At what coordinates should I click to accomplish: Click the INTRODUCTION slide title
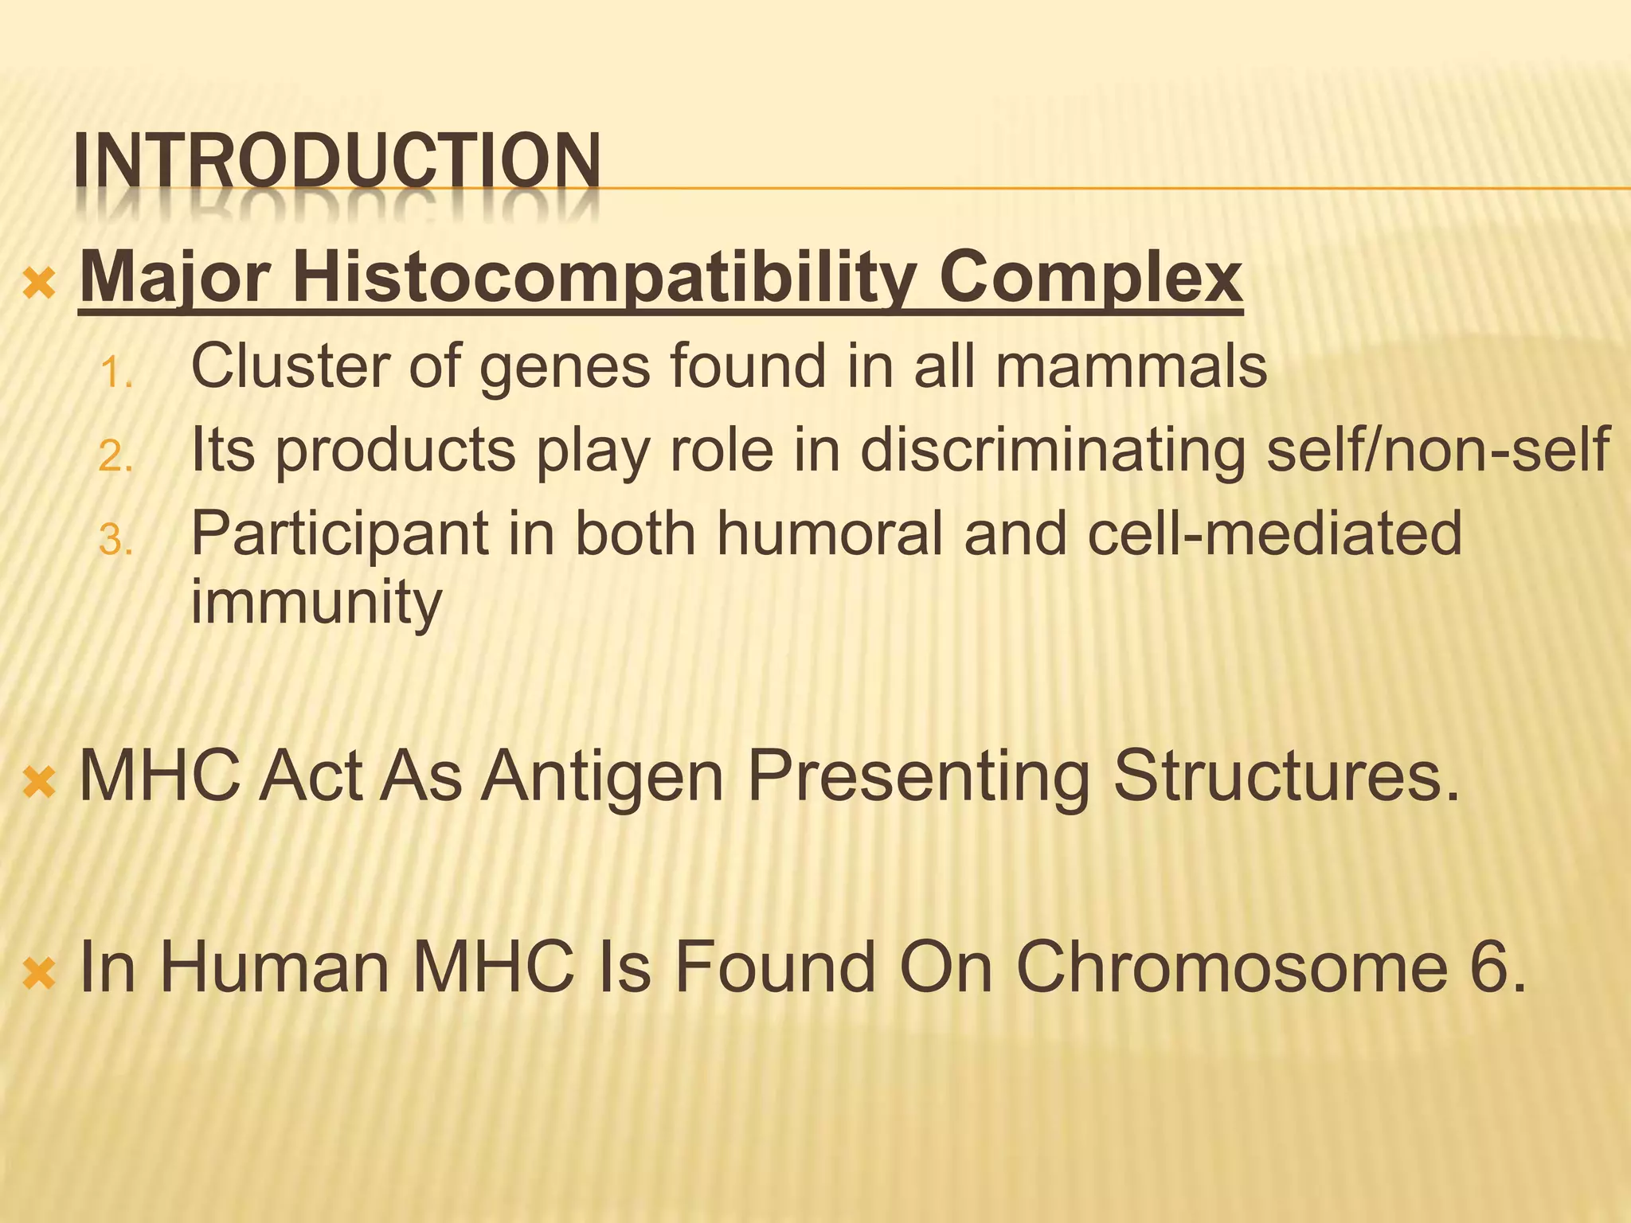point(336,162)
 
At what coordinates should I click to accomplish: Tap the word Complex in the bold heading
point(1089,277)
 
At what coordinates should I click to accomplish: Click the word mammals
point(1130,366)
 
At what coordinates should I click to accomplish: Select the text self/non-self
point(1438,451)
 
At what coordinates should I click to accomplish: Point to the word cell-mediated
point(1274,533)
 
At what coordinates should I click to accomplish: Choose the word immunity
point(316,603)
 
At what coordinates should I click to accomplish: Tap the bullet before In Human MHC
point(39,974)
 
